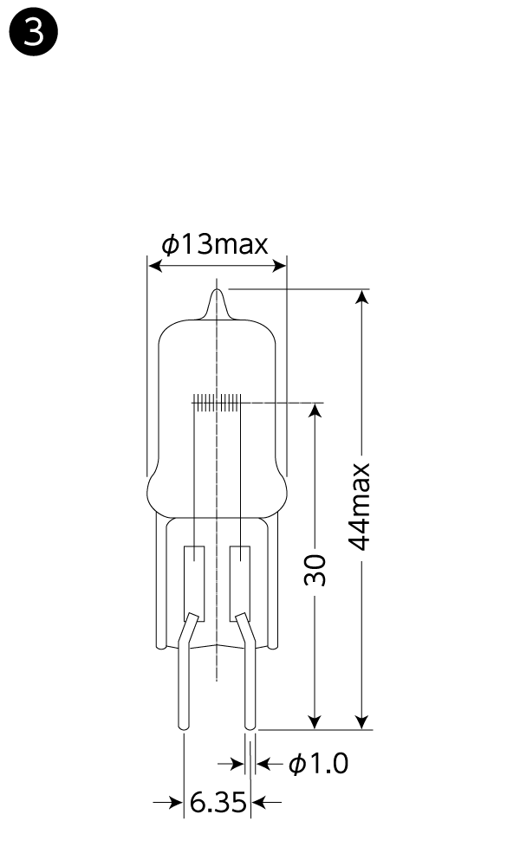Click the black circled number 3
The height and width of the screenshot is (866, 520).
(x=34, y=33)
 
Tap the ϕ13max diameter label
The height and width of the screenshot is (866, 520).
(x=215, y=245)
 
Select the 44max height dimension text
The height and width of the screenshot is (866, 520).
(x=360, y=507)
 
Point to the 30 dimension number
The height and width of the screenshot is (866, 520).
(x=315, y=570)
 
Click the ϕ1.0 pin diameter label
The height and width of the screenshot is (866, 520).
(x=319, y=764)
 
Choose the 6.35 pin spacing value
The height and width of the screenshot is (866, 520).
(x=218, y=802)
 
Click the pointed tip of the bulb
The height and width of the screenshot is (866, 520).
(x=218, y=289)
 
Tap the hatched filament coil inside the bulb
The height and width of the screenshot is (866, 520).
(x=218, y=403)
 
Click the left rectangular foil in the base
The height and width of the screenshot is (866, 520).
(x=194, y=583)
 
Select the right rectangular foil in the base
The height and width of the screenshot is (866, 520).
(x=240, y=583)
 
